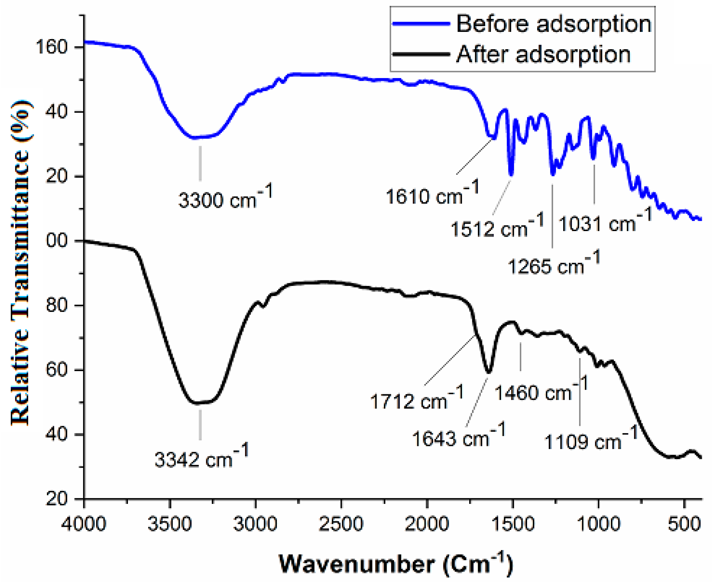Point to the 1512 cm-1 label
pos(497,227)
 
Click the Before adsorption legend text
pos(554,24)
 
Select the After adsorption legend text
pos(543,54)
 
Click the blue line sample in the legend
pos(421,24)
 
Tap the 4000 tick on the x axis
pos(84,523)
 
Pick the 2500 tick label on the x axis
pos(341,523)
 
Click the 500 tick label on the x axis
pos(684,523)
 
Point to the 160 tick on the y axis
pos(52,47)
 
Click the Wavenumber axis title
pos(396,563)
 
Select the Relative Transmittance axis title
pos(20,261)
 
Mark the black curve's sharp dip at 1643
pos(489,372)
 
